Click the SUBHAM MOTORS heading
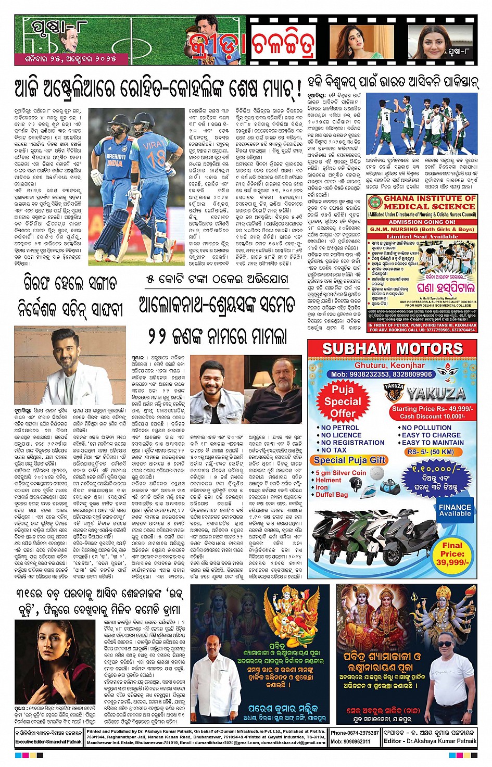pyautogui.click(x=392, y=349)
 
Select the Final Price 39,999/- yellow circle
pyautogui.click(x=452, y=554)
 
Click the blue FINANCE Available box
pyautogui.click(x=455, y=510)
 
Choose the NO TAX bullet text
pyautogui.click(x=334, y=450)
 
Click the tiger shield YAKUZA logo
pyautogui.click(x=394, y=393)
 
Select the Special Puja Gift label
pyautogui.click(x=349, y=460)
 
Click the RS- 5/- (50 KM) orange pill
pyautogui.click(x=430, y=452)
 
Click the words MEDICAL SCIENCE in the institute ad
pyautogui.click(x=429, y=206)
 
